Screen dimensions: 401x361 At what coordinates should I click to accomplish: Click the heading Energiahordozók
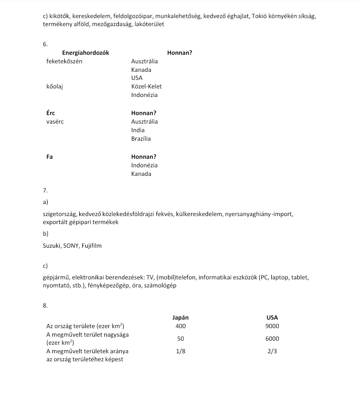coord(85,53)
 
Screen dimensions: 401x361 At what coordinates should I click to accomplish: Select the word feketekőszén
coord(64,61)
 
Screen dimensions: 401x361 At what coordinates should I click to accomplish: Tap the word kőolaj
coord(55,86)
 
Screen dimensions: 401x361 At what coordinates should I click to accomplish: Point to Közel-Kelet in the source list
coord(146,86)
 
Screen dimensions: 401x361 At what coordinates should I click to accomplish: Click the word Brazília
coord(141,139)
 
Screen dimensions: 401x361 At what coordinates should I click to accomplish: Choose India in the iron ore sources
coord(138,130)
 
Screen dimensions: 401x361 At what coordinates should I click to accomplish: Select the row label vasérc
coord(55,122)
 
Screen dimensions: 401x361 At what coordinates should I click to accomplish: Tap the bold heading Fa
coord(50,157)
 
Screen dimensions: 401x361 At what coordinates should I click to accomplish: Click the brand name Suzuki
coord(52,246)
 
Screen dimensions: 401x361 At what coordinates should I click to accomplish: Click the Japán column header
coord(180,318)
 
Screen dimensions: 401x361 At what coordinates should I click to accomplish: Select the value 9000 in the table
coord(272,326)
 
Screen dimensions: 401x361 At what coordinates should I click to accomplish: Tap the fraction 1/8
coord(180,352)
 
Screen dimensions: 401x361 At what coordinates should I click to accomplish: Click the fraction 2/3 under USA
coord(272,352)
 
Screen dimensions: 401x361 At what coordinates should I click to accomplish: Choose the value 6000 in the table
coord(272,339)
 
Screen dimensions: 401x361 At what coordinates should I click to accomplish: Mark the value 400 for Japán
coord(180,326)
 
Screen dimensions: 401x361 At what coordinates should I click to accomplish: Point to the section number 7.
coord(46,191)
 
